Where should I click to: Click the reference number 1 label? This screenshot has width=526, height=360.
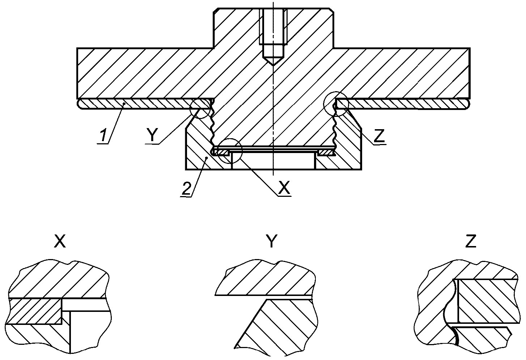click(103, 134)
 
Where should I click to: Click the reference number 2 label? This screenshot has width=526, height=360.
click(187, 187)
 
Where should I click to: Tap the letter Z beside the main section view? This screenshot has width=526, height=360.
click(379, 136)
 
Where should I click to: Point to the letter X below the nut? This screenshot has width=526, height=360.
click(284, 187)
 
